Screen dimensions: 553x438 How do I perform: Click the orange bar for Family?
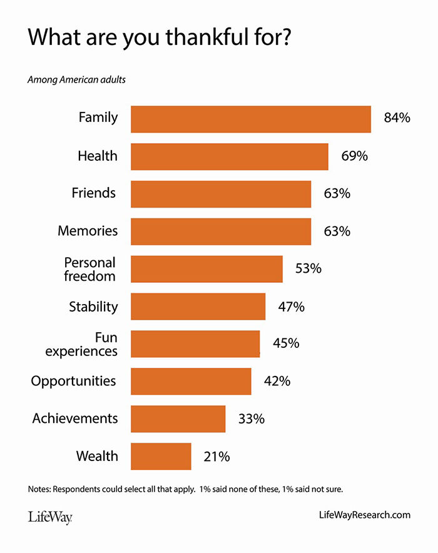(250, 119)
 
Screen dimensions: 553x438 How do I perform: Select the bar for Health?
(229, 156)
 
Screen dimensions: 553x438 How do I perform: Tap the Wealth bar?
(161, 456)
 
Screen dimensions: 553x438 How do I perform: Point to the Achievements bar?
(178, 419)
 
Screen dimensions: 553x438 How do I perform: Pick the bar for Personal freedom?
(206, 268)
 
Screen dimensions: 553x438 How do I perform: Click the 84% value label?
(397, 118)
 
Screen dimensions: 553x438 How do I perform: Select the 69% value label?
(354, 156)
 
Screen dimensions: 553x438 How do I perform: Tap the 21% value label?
(216, 456)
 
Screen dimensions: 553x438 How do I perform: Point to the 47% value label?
(291, 307)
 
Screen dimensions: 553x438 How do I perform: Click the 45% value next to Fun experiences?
(286, 343)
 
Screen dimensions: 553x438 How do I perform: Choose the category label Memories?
(88, 231)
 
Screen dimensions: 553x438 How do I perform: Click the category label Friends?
(94, 193)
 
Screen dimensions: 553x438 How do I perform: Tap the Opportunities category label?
(74, 381)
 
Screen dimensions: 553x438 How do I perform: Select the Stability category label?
(93, 307)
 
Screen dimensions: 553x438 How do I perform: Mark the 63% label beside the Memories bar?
(337, 231)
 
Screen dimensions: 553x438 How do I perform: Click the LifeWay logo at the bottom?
(50, 517)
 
